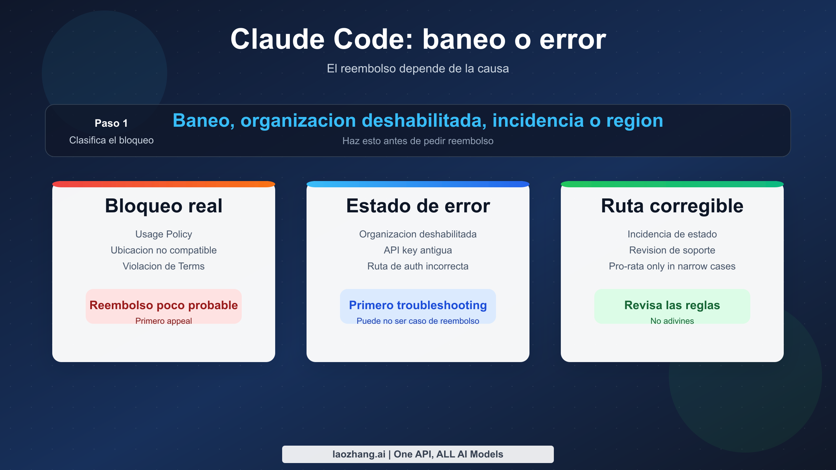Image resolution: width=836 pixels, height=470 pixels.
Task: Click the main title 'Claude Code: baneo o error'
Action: tap(418, 39)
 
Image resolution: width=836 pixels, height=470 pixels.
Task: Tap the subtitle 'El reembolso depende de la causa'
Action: tap(418, 69)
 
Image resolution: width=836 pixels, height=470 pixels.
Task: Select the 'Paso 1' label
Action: tap(111, 123)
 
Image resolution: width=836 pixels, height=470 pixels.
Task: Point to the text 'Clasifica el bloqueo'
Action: tap(111, 140)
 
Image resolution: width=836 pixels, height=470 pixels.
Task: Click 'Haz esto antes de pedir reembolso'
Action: tap(418, 141)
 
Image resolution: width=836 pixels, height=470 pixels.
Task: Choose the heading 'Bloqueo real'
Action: tap(163, 206)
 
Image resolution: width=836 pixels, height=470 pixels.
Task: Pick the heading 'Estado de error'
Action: tap(418, 206)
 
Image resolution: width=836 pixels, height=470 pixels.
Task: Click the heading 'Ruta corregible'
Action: tap(672, 206)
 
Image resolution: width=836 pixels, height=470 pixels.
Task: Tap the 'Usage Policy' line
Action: tap(163, 234)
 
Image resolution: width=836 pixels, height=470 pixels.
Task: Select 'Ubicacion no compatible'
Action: tap(163, 250)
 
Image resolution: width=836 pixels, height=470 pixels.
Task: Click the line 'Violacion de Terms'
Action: tap(163, 266)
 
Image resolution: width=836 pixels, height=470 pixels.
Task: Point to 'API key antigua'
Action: tap(418, 250)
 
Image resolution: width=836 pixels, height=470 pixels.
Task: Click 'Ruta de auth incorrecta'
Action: tap(418, 266)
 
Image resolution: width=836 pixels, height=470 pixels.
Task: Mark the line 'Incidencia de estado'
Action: tap(672, 234)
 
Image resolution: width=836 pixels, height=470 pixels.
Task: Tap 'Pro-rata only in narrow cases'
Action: tap(672, 266)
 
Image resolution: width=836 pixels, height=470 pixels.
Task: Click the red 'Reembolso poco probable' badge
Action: tap(163, 306)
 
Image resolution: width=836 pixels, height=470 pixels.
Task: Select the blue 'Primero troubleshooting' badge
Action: tap(418, 306)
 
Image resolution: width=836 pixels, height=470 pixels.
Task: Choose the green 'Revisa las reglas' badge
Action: tap(672, 306)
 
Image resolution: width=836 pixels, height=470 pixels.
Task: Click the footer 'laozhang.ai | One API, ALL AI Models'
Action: tap(418, 454)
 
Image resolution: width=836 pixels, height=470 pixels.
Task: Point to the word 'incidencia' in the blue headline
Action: tap(538, 121)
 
